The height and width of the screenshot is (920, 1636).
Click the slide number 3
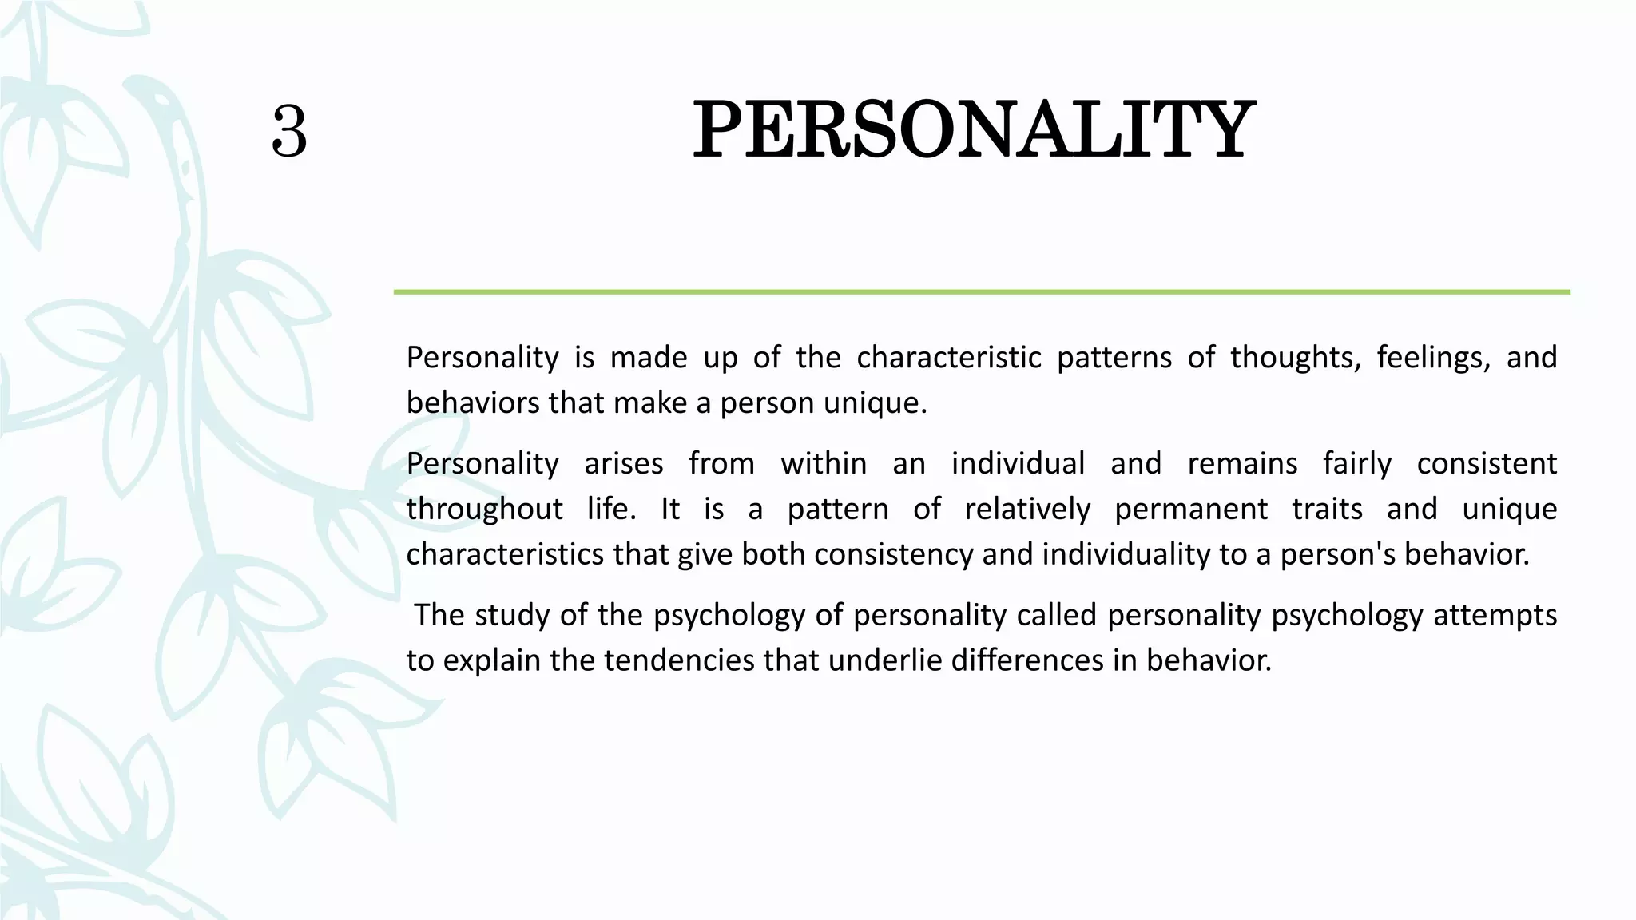pyautogui.click(x=289, y=132)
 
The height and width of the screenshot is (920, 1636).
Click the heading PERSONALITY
pyautogui.click(x=973, y=130)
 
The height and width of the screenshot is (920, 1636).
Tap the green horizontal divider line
pyautogui.click(x=981, y=292)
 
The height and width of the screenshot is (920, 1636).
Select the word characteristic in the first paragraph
pyautogui.click(x=949, y=357)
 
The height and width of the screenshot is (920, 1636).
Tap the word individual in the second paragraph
pyautogui.click(x=1018, y=463)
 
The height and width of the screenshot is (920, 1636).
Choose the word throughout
pyautogui.click(x=484, y=510)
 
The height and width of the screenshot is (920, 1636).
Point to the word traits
pyautogui.click(x=1327, y=509)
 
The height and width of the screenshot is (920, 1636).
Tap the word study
pyautogui.click(x=508, y=616)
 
